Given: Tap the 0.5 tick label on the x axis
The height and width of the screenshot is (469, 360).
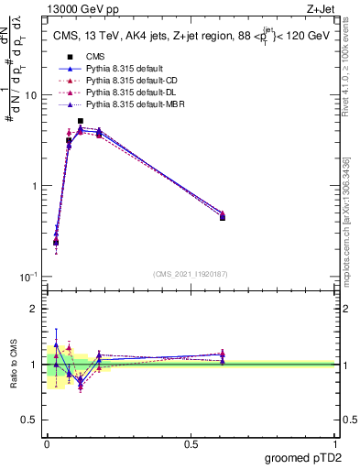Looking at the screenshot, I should click(191, 443).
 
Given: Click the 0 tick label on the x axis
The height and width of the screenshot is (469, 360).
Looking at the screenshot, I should click(47, 443).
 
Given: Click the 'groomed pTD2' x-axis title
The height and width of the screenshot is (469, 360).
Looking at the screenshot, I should click(302, 458).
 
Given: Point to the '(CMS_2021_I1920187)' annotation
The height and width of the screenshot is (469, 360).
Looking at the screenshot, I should click(191, 273).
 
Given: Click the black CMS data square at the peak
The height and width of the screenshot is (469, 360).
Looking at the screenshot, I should click(81, 121).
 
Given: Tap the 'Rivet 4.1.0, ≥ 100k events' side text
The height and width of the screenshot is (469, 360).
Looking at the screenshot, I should click(349, 69).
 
